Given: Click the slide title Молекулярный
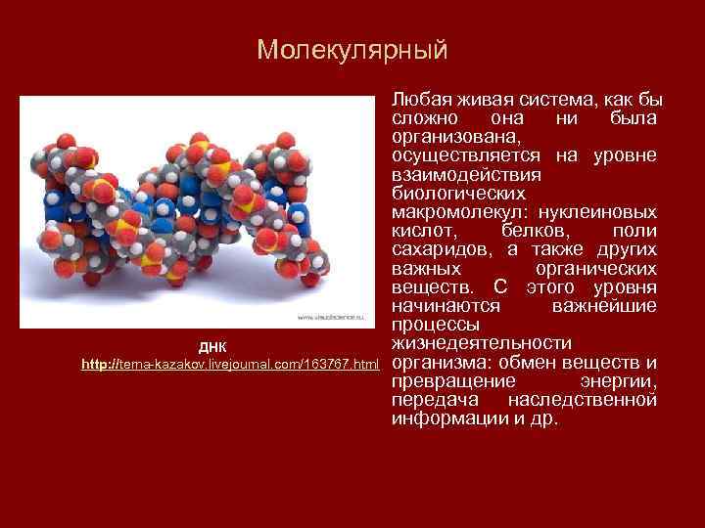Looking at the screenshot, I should tap(352, 50).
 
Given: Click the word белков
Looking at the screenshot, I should tap(536, 230).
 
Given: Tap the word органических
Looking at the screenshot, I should tap(596, 267).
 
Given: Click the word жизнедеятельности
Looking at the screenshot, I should tap(481, 342).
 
